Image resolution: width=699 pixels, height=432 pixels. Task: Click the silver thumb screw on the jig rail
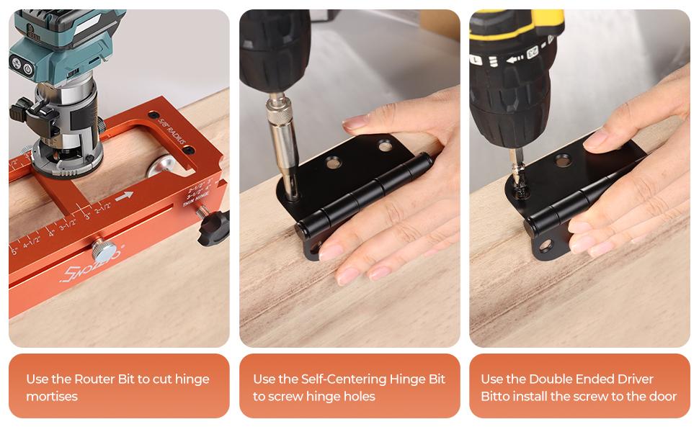pyautogui.click(x=106, y=252)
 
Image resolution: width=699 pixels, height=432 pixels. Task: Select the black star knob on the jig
pyautogui.click(x=214, y=229)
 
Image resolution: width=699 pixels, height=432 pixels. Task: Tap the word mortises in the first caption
pyautogui.click(x=52, y=396)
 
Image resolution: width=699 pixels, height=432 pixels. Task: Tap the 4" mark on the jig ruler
pyautogui.click(x=52, y=234)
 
